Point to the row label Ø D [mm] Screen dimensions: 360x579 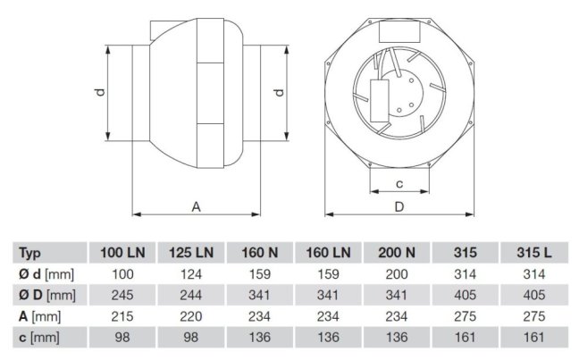pyautogui.click(x=46, y=294)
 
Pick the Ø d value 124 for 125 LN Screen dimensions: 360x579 pyautogui.click(x=190, y=273)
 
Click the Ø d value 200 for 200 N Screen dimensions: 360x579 pyautogui.click(x=398, y=273)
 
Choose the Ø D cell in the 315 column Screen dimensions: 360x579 pyautogui.click(x=467, y=294)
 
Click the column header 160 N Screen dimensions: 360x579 pyautogui.click(x=258, y=253)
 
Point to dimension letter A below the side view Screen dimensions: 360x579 pyautogui.click(x=196, y=206)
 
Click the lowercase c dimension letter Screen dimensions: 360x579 pyautogui.click(x=399, y=184)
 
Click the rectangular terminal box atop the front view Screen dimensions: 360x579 pyautogui.click(x=399, y=29)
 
